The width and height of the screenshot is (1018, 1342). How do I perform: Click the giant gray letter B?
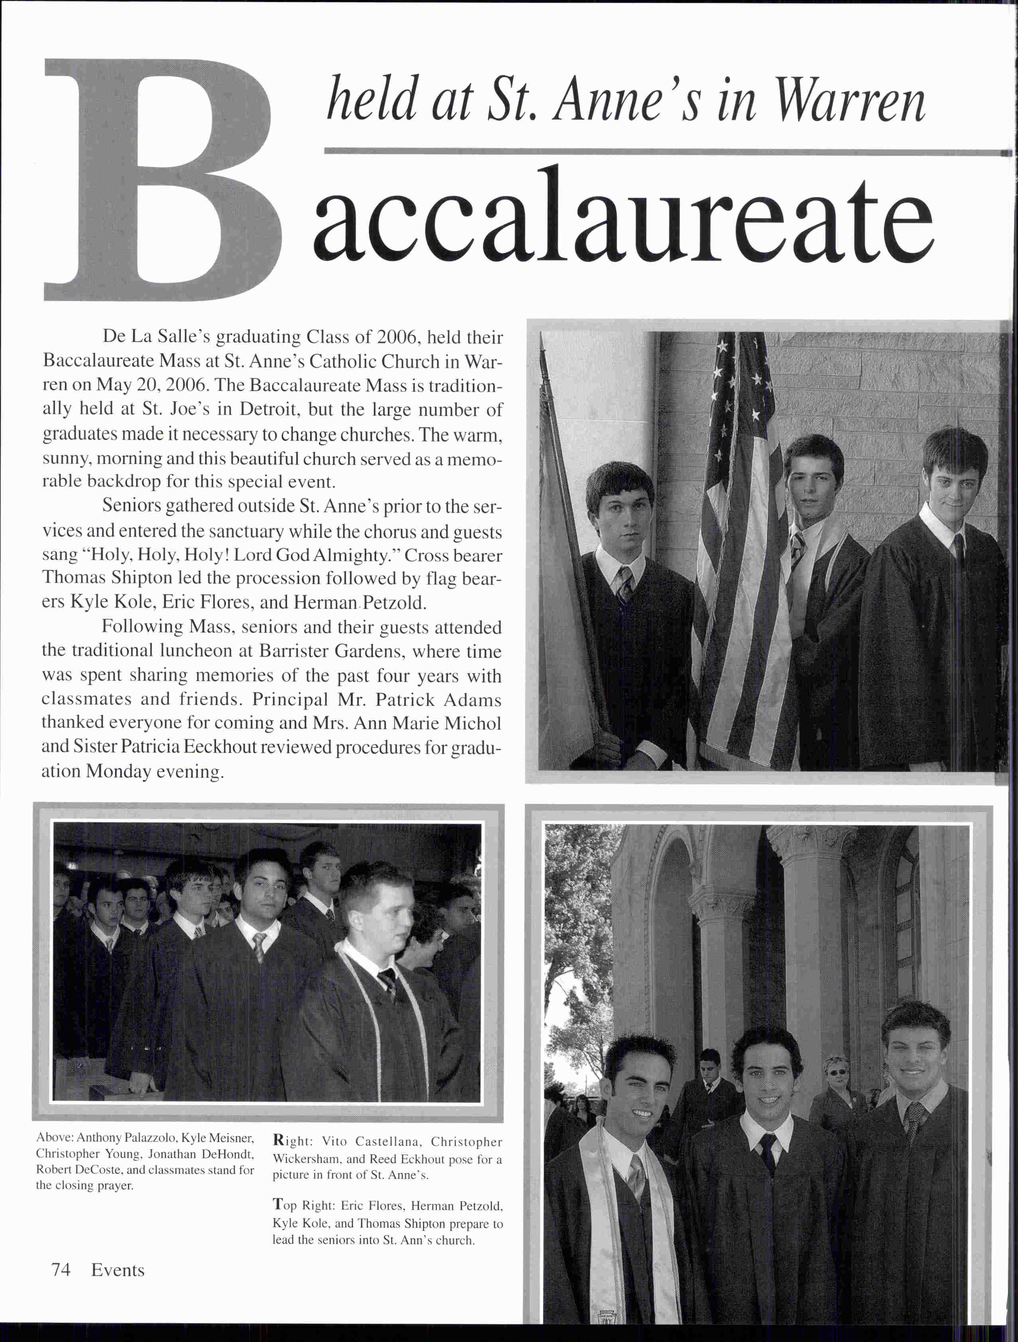(161, 182)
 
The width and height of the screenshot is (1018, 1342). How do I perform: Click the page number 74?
(61, 1270)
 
